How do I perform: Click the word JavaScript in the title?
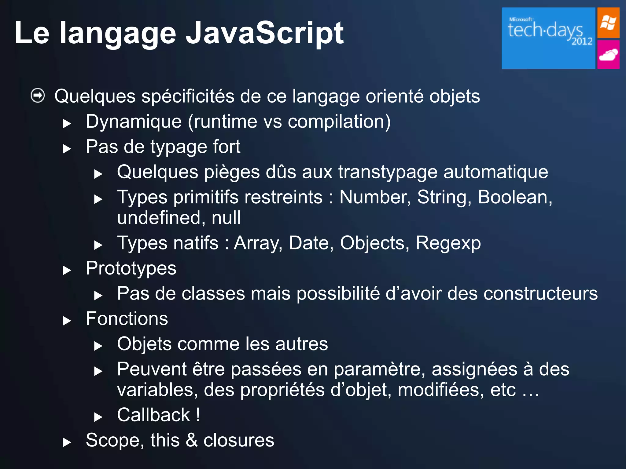(265, 33)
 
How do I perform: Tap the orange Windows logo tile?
(608, 23)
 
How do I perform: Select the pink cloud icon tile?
(608, 55)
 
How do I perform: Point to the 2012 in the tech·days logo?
(582, 41)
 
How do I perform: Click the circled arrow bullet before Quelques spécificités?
(38, 96)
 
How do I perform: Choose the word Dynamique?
(134, 122)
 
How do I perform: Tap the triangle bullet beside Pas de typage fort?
(67, 149)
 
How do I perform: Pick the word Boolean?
(514, 197)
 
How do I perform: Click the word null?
(226, 218)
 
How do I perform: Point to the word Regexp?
(448, 243)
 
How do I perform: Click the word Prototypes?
(131, 269)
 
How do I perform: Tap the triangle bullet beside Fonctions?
(67, 321)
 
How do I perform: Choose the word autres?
(301, 344)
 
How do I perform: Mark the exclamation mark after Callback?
(198, 415)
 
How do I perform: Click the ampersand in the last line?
(191, 440)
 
